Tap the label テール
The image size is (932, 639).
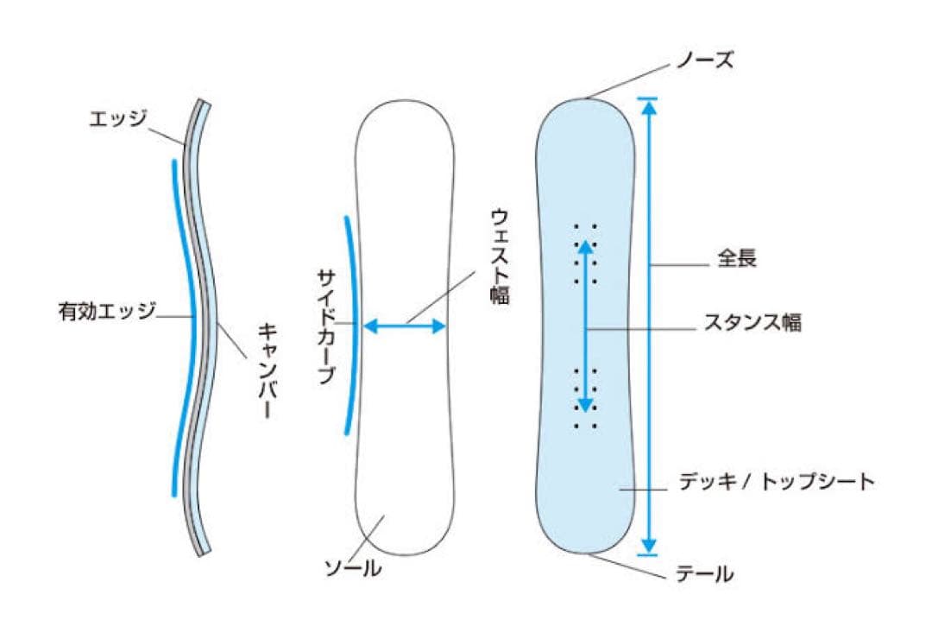(703, 573)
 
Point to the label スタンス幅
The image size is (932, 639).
(752, 323)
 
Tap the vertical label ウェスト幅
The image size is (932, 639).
(500, 256)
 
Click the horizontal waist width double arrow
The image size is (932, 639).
(404, 326)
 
